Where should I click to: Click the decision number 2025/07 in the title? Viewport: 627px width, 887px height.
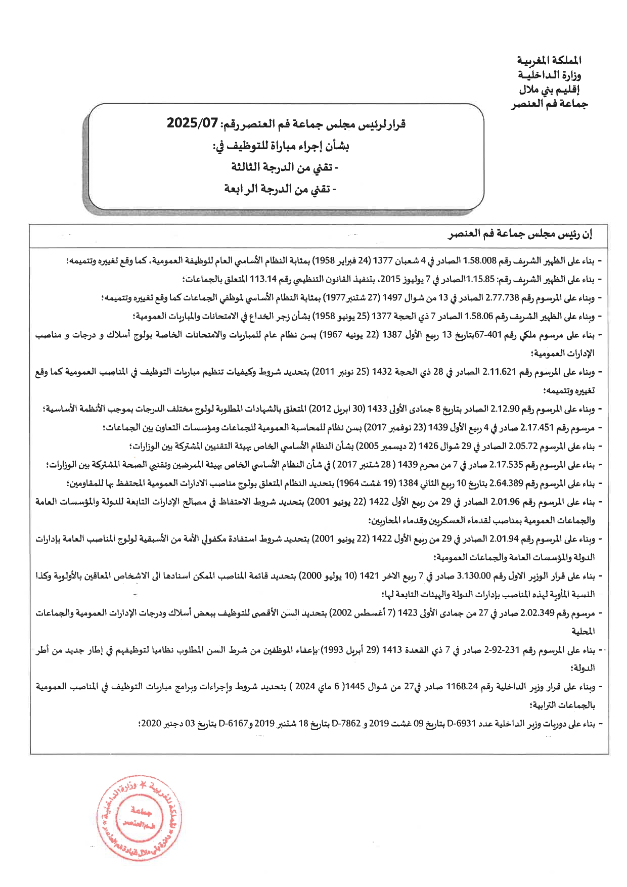pos(192,123)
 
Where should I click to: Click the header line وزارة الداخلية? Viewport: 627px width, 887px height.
pos(550,75)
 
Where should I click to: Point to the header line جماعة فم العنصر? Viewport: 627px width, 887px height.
pos(550,105)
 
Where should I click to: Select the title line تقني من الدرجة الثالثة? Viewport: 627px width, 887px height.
pos(285,167)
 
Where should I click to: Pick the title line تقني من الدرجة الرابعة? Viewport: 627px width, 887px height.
pos(280,189)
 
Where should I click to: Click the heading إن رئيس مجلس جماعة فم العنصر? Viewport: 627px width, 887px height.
pos(520,235)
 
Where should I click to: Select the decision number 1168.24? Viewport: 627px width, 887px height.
pos(462,687)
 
